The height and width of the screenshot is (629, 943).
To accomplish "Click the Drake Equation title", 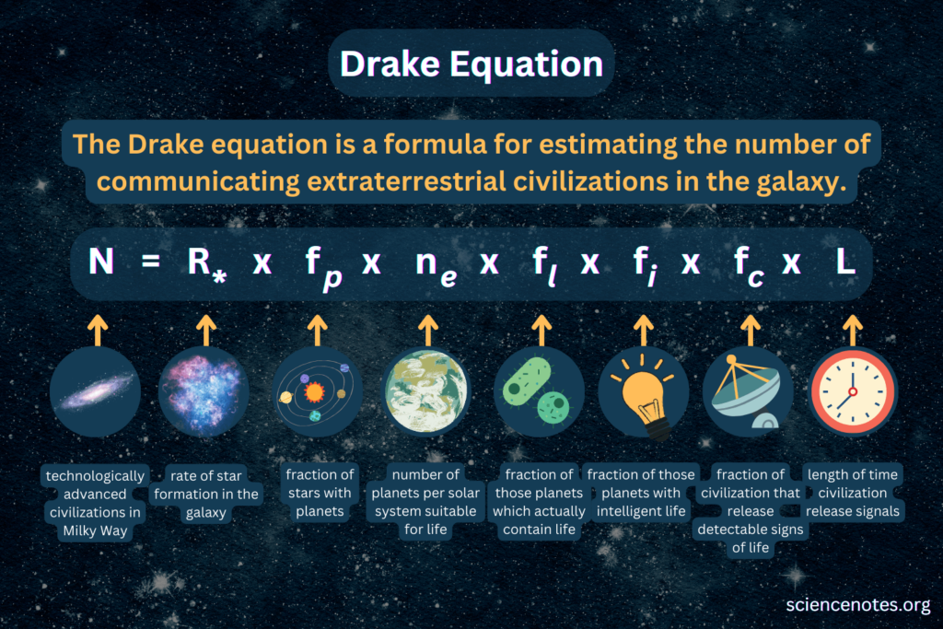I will pyautogui.click(x=471, y=64).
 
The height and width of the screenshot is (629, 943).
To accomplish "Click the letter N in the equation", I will pyautogui.click(x=101, y=263).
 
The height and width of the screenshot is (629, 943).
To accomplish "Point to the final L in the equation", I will pyautogui.click(x=845, y=263).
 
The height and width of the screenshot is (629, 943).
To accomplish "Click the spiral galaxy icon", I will pyautogui.click(x=96, y=391).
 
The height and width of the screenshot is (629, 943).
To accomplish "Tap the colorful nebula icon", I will pyautogui.click(x=204, y=391).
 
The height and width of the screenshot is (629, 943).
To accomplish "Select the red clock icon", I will pyautogui.click(x=852, y=391).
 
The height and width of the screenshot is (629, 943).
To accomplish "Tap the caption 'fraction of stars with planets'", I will pyautogui.click(x=320, y=494).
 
